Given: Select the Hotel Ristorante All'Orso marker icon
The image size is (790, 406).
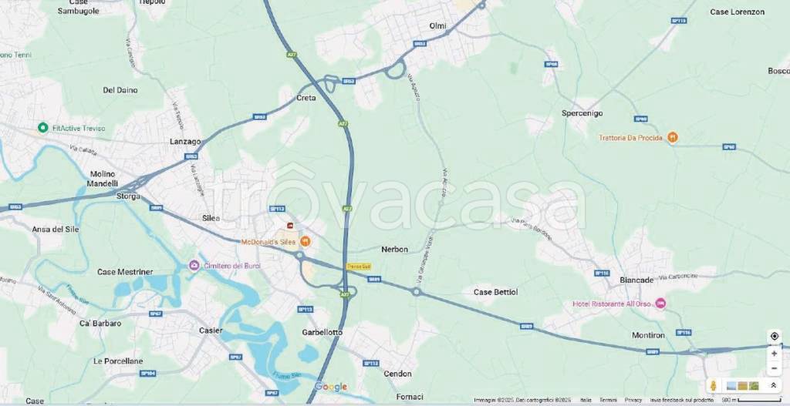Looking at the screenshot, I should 660,304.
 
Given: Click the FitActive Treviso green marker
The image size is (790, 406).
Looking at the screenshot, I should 42,128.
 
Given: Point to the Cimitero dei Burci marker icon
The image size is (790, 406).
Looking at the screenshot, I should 194,266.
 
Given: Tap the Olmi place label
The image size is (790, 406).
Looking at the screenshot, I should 437,26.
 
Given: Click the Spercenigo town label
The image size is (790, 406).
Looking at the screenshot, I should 582,112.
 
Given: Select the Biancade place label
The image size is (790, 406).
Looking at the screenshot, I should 637,280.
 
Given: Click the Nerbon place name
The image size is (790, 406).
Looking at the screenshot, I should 394,249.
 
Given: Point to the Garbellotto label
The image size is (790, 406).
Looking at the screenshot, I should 322,332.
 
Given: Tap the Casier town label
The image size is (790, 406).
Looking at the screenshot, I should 211,331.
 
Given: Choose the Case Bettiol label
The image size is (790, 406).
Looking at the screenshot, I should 495,292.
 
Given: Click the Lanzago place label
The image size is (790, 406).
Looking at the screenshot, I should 185,142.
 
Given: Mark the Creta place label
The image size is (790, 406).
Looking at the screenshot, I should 306,98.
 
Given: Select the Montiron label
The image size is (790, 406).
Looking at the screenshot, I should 648,336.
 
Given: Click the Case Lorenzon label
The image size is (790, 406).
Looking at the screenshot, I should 737,12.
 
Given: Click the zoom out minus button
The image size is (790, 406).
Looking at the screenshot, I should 774,367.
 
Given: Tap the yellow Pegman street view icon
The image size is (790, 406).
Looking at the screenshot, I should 714,385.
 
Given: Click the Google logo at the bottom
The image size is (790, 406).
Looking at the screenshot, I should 330,387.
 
